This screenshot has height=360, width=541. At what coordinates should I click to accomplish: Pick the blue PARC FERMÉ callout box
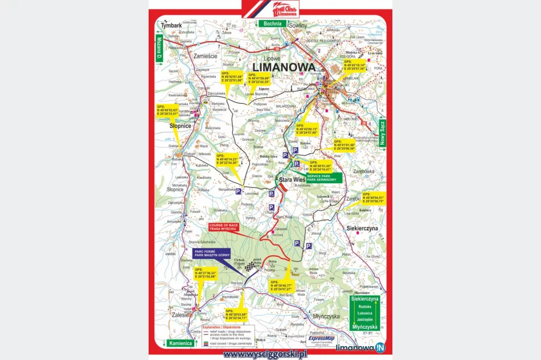[211, 254]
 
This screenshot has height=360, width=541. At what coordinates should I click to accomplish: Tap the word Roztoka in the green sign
[364, 306]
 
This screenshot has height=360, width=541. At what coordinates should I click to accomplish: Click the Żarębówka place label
[365, 170]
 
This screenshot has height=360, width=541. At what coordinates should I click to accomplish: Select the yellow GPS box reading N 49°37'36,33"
[206, 274]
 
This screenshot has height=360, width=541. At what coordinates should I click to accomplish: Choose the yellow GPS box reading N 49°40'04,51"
[374, 199]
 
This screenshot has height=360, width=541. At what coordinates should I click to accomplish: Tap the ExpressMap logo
[320, 339]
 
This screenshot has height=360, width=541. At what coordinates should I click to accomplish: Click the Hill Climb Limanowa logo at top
[270, 9]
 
